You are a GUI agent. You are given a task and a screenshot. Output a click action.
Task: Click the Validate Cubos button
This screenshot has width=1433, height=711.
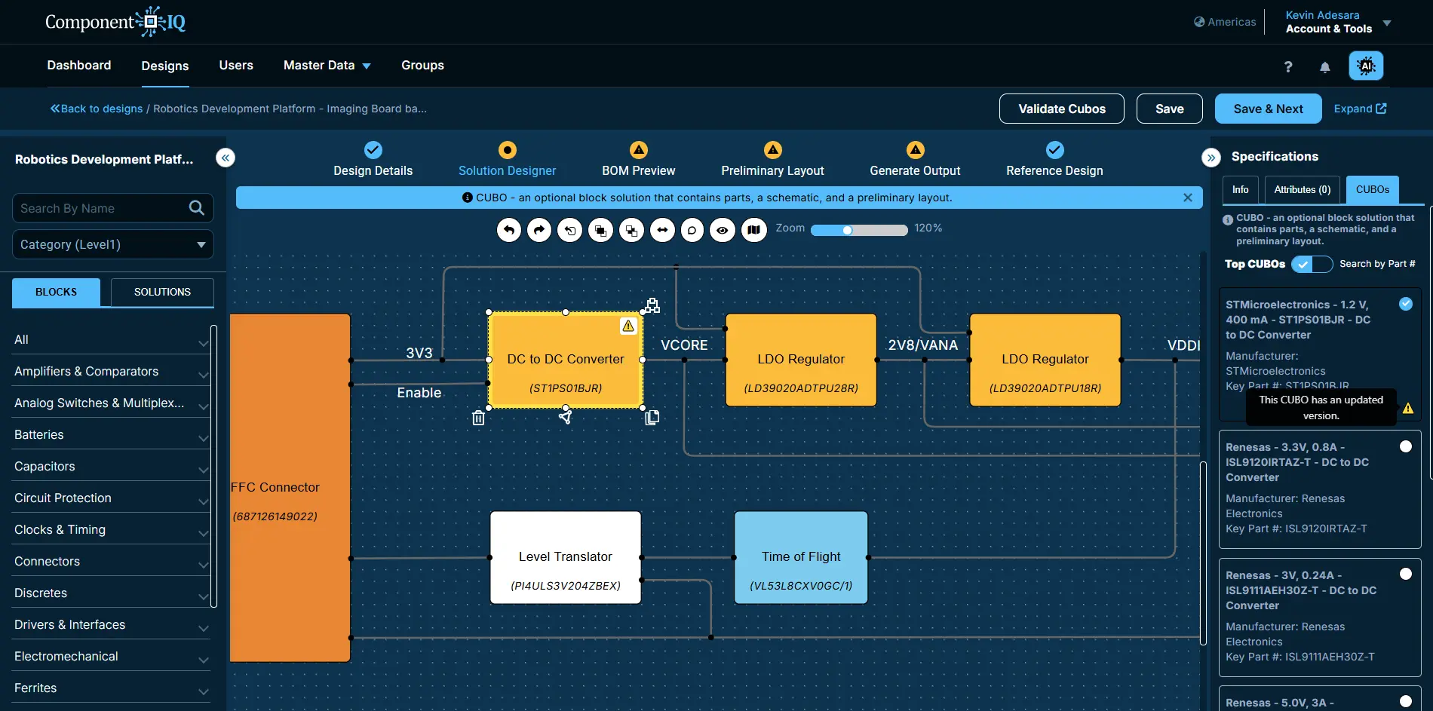pos(1061,109)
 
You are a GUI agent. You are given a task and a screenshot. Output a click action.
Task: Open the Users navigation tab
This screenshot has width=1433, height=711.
pos(236,66)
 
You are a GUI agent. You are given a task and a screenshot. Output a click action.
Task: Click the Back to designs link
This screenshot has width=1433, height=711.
pos(97,109)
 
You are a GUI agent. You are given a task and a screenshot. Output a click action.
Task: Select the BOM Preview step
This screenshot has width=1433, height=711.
pos(639,160)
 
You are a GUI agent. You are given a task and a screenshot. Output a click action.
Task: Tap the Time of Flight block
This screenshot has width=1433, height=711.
pos(801,557)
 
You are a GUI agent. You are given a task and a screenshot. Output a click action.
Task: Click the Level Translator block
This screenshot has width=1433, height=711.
pos(566,557)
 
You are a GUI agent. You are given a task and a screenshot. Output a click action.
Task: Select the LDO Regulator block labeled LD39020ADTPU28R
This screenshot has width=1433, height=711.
pos(801,360)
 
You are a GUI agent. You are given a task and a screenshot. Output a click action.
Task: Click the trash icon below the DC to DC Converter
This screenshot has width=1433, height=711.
pos(478,418)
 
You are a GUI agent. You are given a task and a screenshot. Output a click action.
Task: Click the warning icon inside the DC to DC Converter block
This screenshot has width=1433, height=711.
pos(628,326)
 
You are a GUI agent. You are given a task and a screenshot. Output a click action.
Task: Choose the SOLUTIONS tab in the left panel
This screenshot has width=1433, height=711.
pos(162,293)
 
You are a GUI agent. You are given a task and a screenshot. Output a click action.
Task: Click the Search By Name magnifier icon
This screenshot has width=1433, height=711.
pos(197,208)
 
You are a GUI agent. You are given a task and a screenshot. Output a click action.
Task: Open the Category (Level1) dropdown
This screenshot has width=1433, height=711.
pos(113,244)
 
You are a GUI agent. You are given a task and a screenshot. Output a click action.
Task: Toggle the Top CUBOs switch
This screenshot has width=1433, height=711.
pos(1312,264)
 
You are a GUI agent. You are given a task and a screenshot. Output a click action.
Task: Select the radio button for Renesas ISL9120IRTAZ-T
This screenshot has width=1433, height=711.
pos(1406,446)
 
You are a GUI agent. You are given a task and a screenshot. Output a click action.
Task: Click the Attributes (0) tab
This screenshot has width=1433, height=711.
pos(1303,190)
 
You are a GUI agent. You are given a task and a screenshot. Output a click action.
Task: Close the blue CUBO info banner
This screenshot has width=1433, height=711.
pos(1188,198)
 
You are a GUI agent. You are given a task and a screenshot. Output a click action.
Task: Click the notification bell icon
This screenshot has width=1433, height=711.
pos(1325,67)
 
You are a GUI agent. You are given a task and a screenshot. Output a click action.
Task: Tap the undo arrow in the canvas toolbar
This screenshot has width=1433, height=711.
pos(509,230)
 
